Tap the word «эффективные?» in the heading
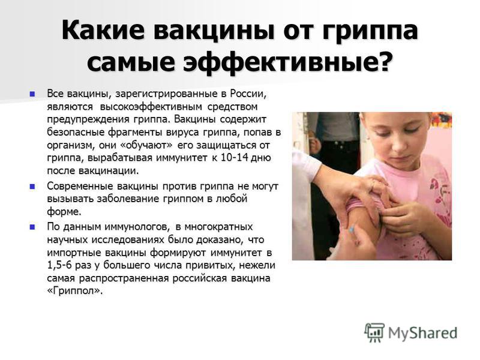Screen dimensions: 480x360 tap(287, 62)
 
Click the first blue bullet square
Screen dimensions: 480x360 tap(32, 94)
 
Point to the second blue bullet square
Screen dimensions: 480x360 tap(32, 186)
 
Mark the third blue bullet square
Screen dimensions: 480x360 tap(32, 227)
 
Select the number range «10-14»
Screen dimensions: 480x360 tap(232, 158)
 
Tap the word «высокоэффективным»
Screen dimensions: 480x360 tap(151, 107)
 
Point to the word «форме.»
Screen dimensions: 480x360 tap(64, 212)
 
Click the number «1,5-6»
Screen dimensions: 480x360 tap(59, 265)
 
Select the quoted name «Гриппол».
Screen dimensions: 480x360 tap(74, 291)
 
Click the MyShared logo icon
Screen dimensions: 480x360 tap(374, 332)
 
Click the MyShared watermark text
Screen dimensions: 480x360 tap(423, 333)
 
